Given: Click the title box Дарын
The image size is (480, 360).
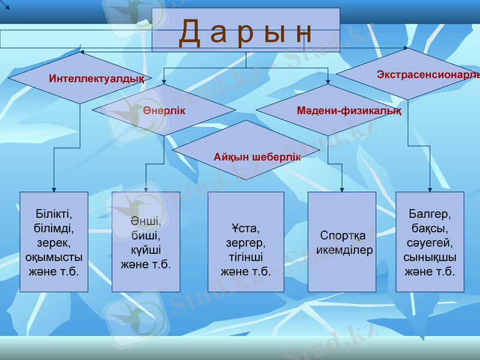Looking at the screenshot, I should point(246,30).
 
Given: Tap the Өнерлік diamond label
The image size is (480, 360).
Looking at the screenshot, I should point(164,111).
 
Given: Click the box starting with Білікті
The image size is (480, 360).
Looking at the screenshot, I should point(54,242).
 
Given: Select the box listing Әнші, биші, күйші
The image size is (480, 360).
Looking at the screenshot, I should point(146,242).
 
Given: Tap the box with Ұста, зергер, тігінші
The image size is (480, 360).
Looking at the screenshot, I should point(246,242).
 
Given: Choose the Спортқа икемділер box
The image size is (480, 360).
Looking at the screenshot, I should point(342,242).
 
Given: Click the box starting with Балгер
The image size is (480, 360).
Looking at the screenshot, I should point(430,242).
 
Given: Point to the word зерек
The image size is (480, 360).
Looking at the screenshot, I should point(54,243).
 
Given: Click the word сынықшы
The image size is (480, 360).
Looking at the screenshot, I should point(430,257).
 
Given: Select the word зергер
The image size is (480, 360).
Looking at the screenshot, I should point(246,243).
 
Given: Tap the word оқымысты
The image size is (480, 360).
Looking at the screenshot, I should point(54,257).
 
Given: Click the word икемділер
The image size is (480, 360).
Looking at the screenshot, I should point(344,250).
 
